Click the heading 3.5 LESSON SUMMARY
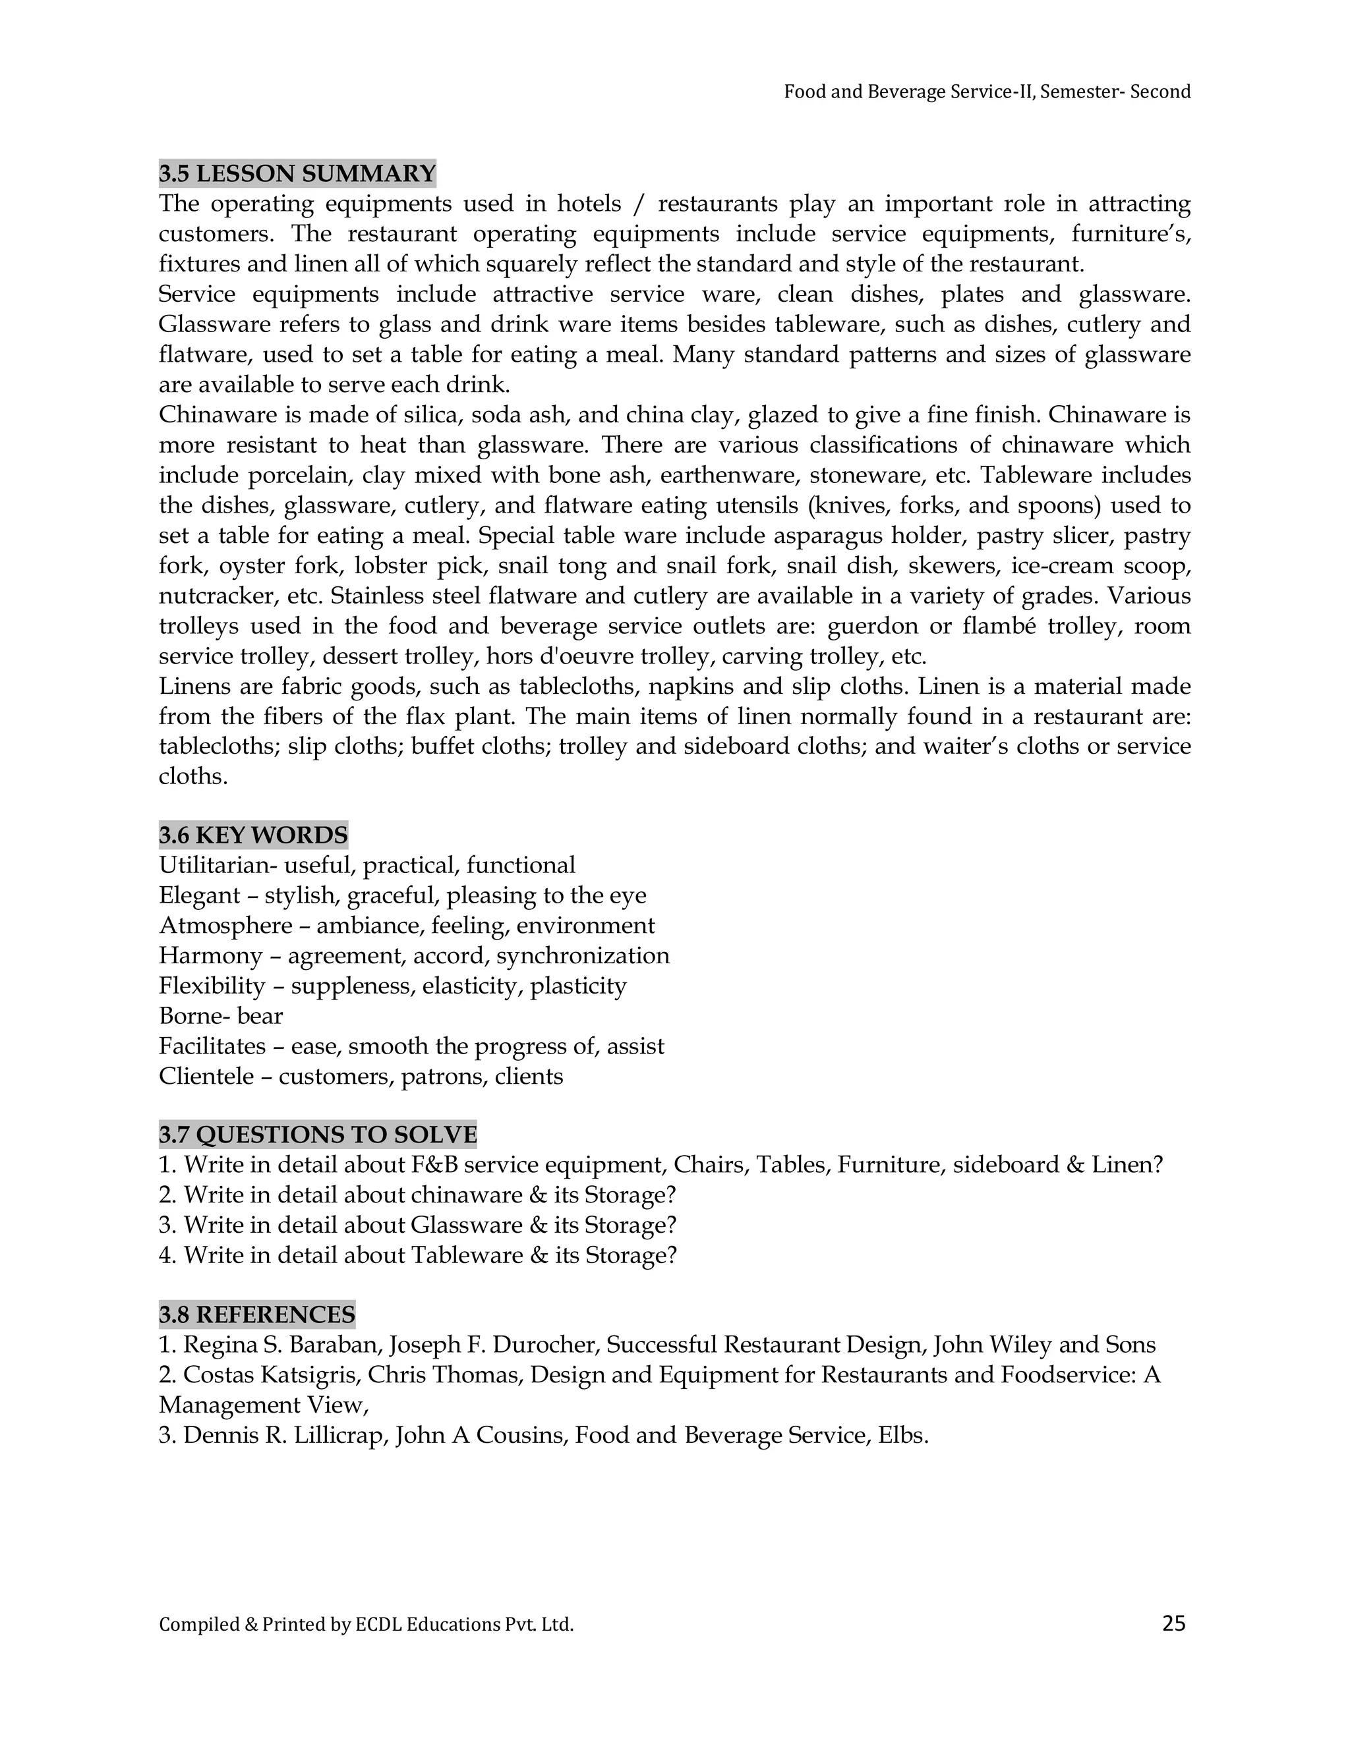(297, 173)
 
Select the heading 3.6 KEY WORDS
(252, 835)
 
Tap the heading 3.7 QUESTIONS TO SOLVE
(318, 1135)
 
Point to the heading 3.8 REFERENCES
(256, 1314)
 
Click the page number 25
(1173, 1623)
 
